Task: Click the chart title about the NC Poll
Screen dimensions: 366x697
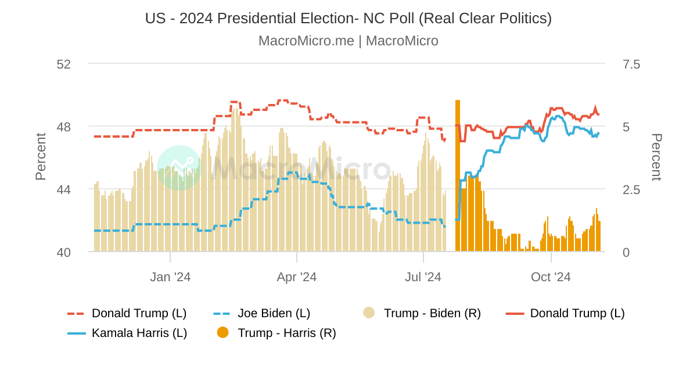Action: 348,18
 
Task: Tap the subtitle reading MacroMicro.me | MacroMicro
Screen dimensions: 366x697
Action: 348,41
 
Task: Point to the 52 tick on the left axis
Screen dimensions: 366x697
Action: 63,64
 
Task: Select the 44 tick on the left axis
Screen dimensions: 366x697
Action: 63,189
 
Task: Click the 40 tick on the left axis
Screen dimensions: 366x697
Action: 63,252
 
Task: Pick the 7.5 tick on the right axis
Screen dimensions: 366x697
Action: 631,64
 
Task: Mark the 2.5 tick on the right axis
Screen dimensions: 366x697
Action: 631,189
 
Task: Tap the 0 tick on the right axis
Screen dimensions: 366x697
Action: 626,252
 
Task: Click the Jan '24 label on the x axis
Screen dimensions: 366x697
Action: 170,277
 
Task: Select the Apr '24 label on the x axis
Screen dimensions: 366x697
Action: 297,277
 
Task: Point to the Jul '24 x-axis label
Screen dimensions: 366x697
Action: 423,277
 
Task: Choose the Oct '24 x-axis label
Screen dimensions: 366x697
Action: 551,277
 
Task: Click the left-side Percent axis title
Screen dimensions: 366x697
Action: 41,157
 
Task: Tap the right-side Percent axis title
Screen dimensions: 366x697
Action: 656,157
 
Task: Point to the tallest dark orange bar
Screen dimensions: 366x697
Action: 458,174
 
